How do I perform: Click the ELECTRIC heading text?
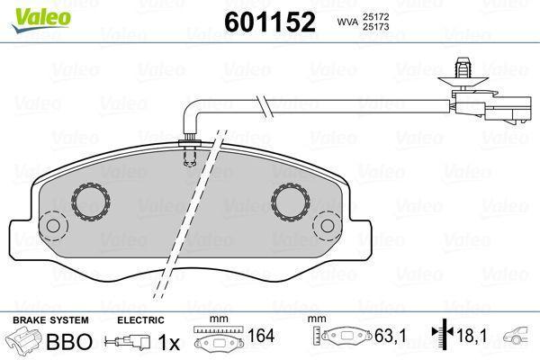[x=140, y=320]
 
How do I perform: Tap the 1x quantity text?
[x=168, y=342]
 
